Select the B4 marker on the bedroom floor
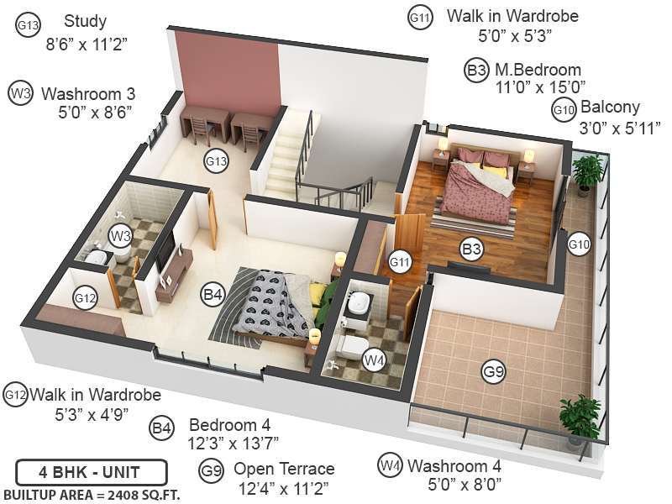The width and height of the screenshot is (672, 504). tap(213, 295)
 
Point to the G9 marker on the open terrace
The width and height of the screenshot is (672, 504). tap(493, 370)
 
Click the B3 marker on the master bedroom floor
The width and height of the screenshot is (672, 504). tap(471, 249)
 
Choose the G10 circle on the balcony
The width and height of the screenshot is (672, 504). tap(580, 244)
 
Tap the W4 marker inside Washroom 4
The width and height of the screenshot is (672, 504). tap(374, 360)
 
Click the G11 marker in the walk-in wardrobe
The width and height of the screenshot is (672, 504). tap(401, 262)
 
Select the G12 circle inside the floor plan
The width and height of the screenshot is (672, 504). tap(86, 297)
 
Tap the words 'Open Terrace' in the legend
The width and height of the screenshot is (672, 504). tap(284, 469)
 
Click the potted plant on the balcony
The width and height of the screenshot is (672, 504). tap(588, 171)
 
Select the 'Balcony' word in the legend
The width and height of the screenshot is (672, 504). tap(610, 108)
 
